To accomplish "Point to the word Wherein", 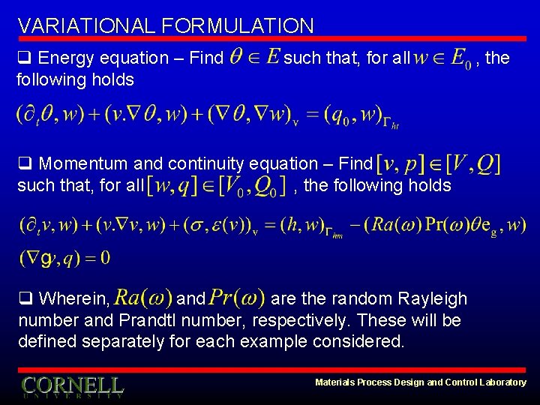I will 73,299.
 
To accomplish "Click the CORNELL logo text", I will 72,385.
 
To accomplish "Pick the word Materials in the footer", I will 336,382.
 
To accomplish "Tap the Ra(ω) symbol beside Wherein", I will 144,298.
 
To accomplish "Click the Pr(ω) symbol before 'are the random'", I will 237,298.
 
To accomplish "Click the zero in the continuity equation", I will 104,259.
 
